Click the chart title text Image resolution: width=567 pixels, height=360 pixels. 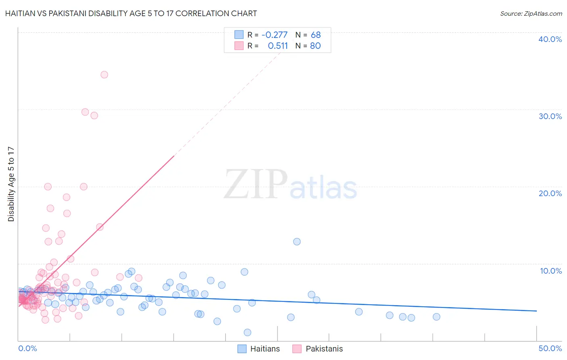coord(131,14)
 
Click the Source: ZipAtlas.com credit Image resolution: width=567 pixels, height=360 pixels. coord(531,14)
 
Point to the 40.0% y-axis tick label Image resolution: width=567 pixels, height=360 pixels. coord(550,39)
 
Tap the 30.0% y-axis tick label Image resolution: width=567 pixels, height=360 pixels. coord(550,116)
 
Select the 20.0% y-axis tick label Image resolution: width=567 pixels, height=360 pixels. coord(550,193)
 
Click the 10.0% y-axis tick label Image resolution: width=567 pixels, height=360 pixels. coord(550,271)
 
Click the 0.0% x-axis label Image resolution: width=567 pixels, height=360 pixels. coord(27,348)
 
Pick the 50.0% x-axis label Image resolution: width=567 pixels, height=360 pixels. coord(550,348)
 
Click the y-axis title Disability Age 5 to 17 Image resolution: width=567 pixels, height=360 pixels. coord(11,184)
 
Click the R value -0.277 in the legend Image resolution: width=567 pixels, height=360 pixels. coord(275,35)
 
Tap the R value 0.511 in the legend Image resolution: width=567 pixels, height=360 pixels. coord(278,46)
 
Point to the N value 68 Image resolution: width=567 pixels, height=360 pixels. coord(316,35)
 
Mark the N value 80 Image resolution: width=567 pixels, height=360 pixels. coord(315,46)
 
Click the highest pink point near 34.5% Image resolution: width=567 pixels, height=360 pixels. coord(104,75)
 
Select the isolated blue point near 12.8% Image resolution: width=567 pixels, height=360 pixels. coord(297,242)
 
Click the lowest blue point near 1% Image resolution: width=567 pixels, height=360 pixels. coord(248,333)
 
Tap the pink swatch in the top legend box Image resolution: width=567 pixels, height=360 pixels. coord(239,46)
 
